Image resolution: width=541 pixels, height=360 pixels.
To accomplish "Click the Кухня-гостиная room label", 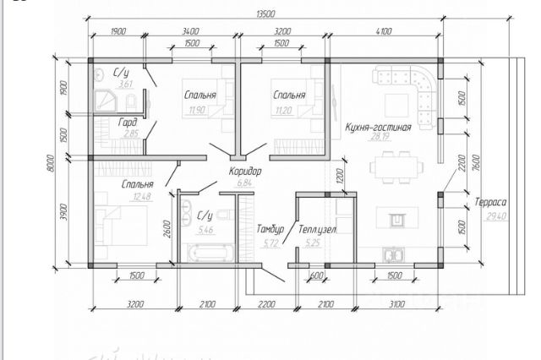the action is (x=378, y=128).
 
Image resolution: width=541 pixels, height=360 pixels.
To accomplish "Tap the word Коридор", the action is (x=245, y=171).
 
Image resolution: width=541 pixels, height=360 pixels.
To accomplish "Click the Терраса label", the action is (x=490, y=202).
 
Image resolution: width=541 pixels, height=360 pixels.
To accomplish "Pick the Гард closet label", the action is (x=128, y=122).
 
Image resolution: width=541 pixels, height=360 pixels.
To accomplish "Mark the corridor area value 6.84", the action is (x=244, y=183).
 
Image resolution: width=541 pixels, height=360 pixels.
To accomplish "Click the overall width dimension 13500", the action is (x=265, y=14).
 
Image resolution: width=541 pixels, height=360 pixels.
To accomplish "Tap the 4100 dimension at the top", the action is (x=384, y=31).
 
